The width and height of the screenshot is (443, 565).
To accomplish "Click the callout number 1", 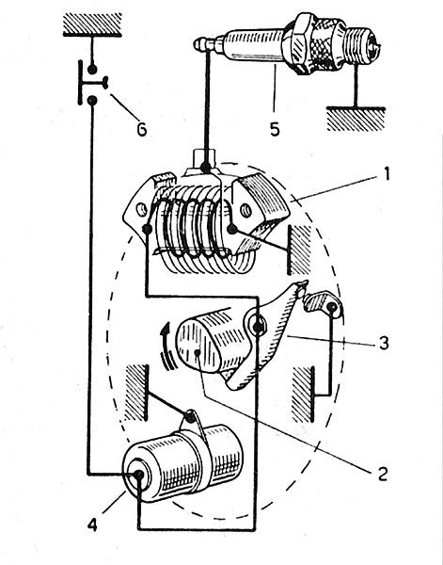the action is click(387, 174).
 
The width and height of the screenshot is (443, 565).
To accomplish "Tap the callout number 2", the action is click(382, 474).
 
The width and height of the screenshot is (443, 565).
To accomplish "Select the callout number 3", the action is click(384, 343).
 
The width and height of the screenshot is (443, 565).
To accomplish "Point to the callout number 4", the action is click(92, 525).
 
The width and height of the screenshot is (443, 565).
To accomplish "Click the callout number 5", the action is click(275, 129).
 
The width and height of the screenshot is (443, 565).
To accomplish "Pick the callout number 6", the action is click(142, 129).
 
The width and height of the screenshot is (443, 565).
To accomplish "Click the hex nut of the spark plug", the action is click(300, 43).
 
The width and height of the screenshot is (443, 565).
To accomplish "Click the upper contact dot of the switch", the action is click(92, 69).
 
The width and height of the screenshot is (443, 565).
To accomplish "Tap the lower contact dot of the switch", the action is click(92, 100).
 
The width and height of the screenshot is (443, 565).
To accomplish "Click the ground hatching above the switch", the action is click(92, 24).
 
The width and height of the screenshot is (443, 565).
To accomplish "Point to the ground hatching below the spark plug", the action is click(356, 119).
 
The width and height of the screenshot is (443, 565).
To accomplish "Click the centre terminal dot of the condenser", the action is click(138, 476).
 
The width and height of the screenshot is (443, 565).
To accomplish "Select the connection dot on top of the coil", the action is click(205, 168).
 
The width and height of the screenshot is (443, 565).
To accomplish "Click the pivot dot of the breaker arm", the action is click(258, 327).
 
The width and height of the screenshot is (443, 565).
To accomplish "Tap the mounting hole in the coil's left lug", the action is click(141, 209).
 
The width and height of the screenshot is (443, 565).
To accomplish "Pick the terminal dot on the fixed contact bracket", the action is click(331, 307).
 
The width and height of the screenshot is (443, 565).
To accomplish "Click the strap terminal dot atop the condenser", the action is click(190, 418).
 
